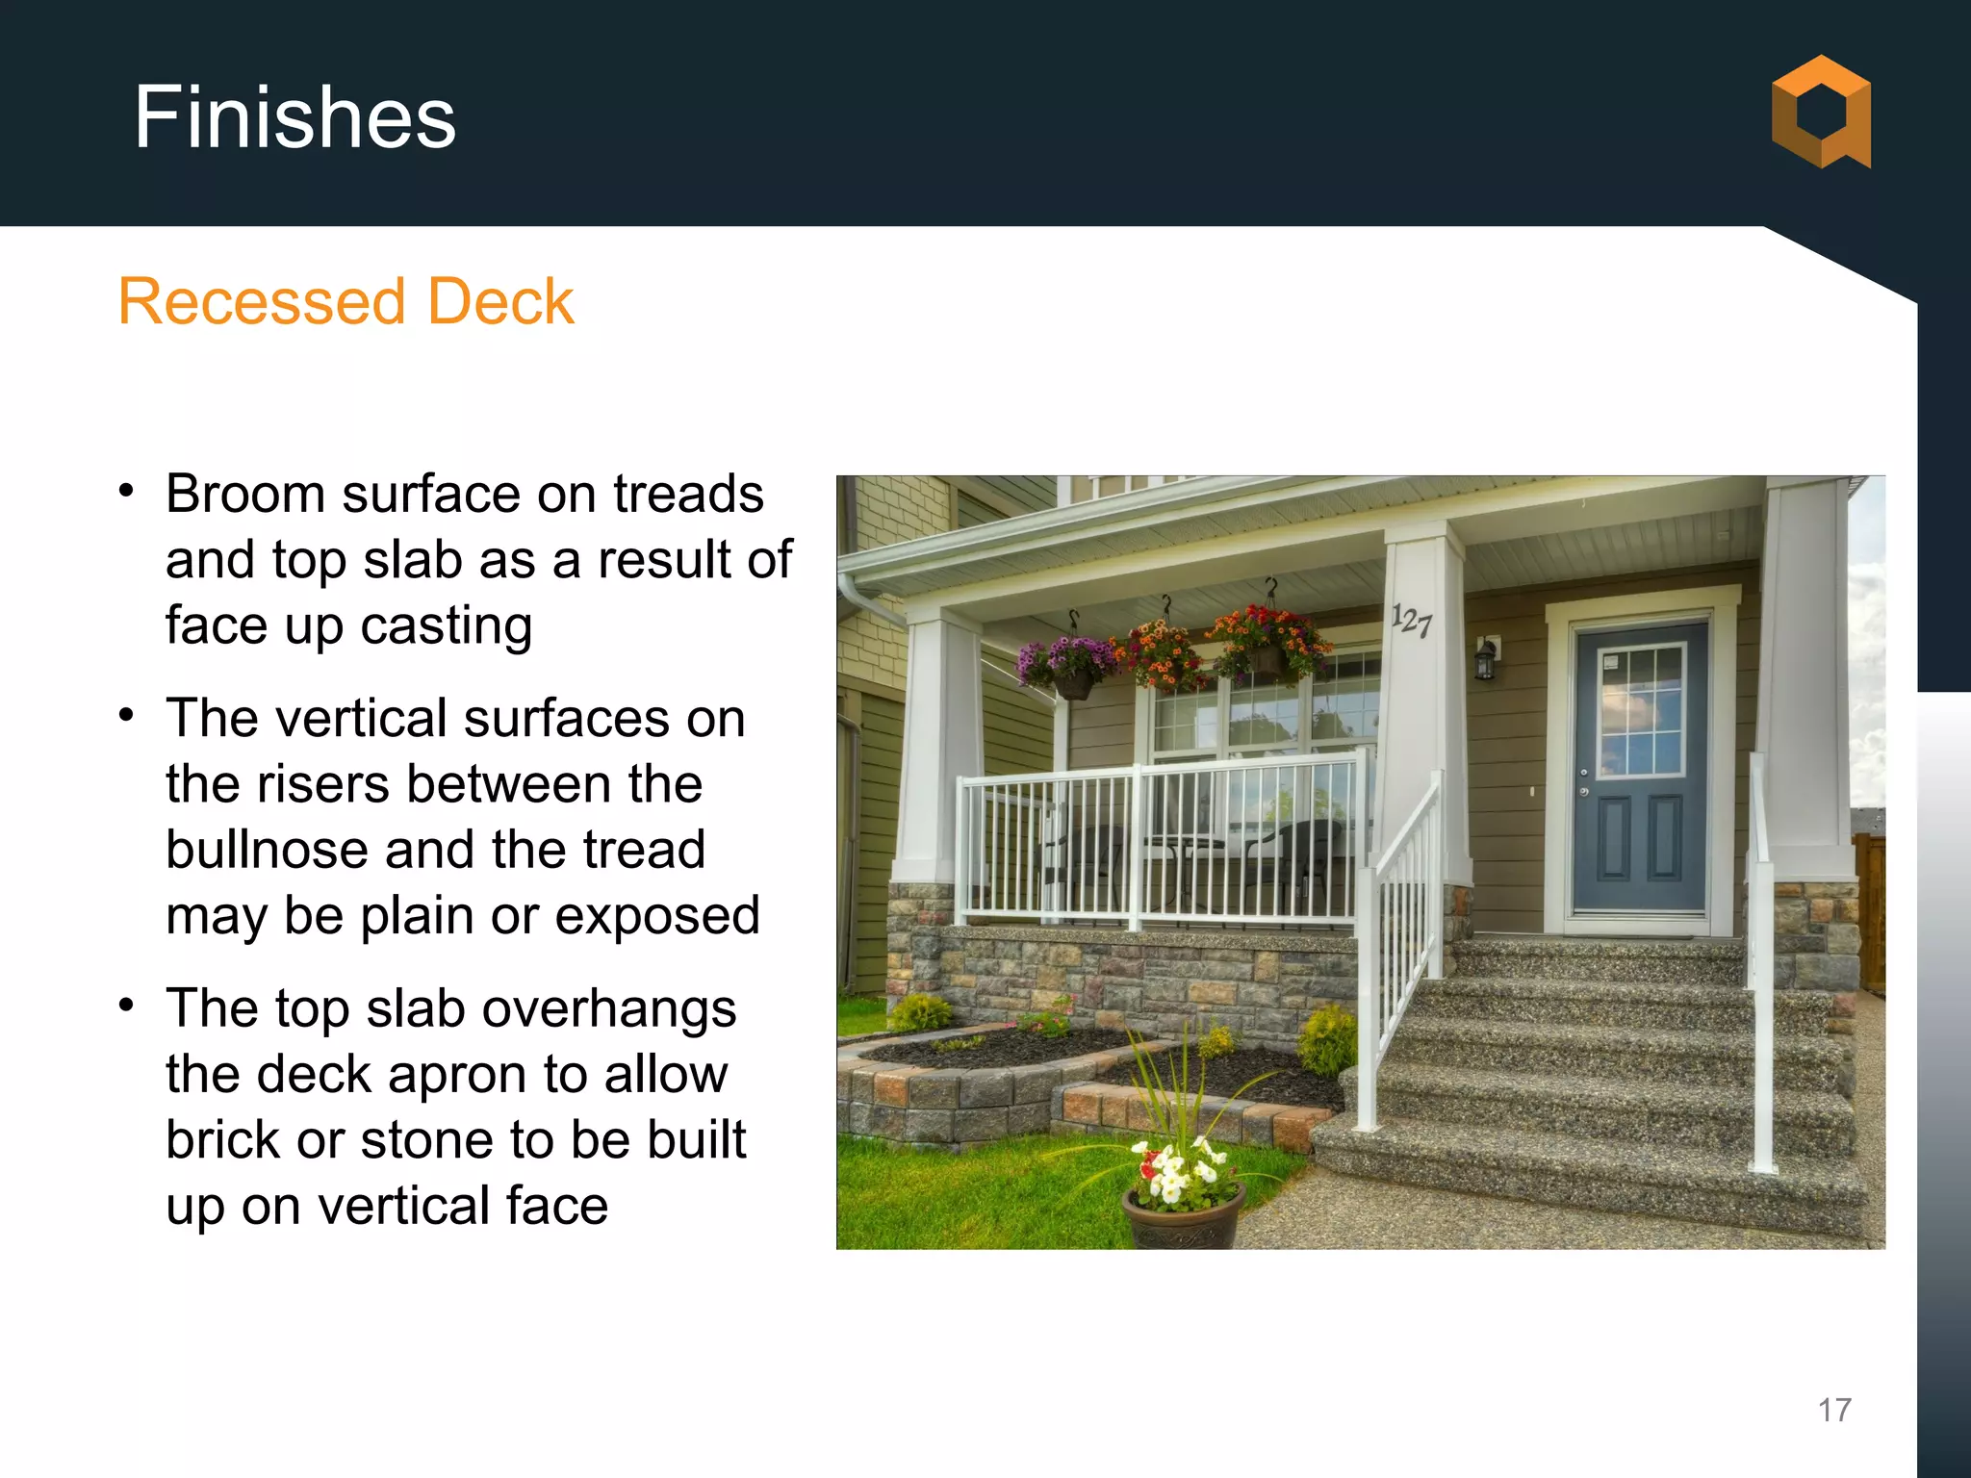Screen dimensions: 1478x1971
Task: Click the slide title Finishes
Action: (x=294, y=117)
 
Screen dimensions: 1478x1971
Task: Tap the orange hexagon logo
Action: (x=1821, y=113)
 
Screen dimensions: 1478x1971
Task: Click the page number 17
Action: (x=1834, y=1410)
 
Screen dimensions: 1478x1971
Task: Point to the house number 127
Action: (x=1412, y=621)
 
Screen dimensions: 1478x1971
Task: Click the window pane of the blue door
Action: (x=1641, y=711)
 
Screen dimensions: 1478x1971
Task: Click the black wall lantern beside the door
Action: (x=1486, y=660)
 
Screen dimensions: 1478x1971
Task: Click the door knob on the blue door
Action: (x=1584, y=773)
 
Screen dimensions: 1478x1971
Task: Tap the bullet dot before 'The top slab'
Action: (x=126, y=1006)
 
